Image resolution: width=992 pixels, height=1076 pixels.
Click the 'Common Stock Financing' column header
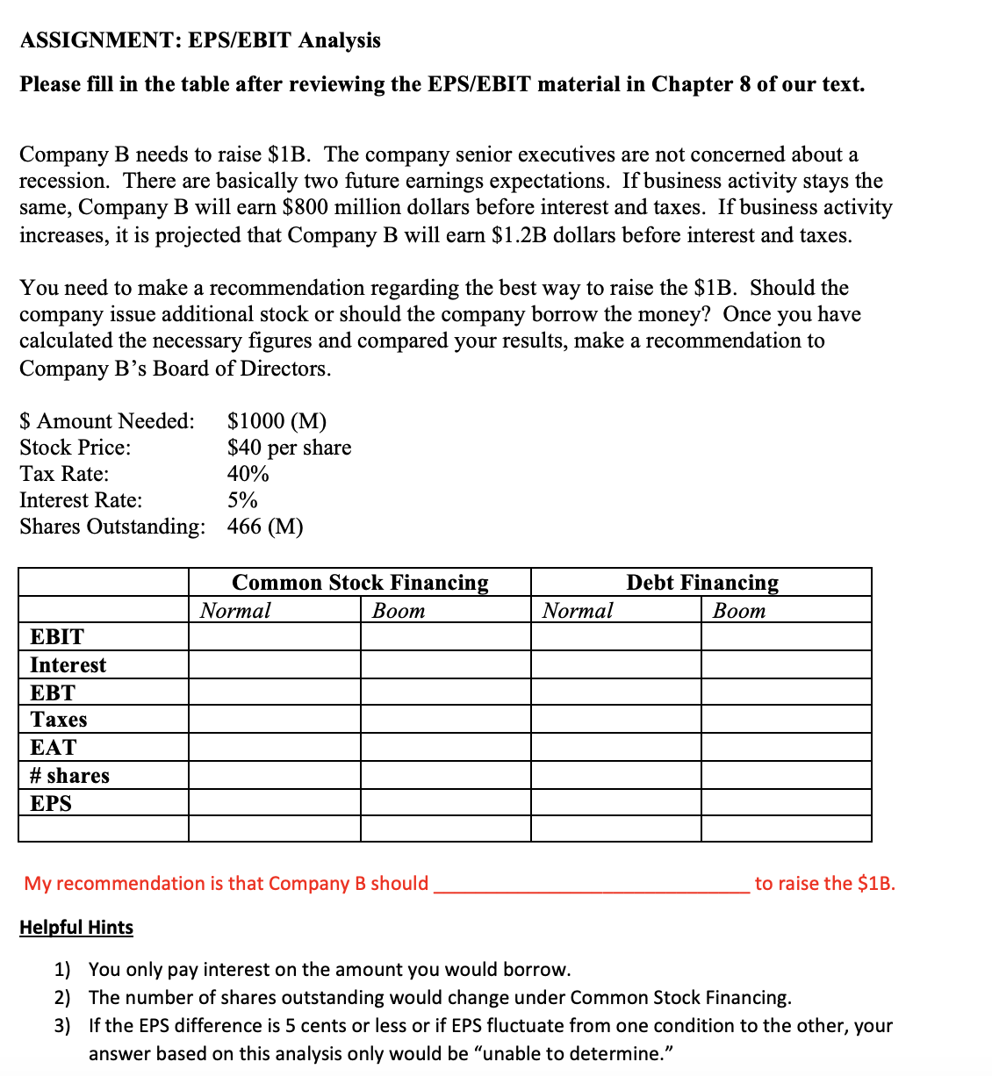(x=360, y=583)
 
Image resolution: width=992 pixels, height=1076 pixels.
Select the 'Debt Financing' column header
(x=701, y=583)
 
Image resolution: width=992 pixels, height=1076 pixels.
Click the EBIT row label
(x=57, y=636)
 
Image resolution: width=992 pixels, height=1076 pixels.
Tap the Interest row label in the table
(x=68, y=664)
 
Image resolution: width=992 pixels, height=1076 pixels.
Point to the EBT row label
(x=53, y=692)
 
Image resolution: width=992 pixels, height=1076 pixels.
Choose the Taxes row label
(x=59, y=720)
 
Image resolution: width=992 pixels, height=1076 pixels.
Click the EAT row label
(x=54, y=747)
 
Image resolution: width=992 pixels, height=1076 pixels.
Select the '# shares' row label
(x=69, y=775)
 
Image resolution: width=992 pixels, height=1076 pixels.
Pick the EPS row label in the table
(x=51, y=803)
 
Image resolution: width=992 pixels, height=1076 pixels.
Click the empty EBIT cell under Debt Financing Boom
(x=786, y=636)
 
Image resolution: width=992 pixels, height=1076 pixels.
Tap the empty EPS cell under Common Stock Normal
(x=274, y=803)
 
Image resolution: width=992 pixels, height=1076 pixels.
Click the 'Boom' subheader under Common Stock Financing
(x=399, y=610)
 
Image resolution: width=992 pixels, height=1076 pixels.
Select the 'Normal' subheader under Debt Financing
(x=577, y=610)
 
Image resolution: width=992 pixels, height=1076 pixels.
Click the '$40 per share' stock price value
(x=289, y=448)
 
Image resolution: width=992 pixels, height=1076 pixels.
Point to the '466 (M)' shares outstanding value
(x=265, y=527)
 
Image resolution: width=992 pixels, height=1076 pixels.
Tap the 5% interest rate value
(x=242, y=500)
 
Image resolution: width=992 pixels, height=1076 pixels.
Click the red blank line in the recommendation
(x=592, y=885)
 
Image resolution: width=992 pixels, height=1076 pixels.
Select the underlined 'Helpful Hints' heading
(x=76, y=928)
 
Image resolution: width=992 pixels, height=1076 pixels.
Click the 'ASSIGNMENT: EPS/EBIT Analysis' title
(x=200, y=40)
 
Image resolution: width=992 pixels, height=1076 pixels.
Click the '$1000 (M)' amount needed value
(x=277, y=421)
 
